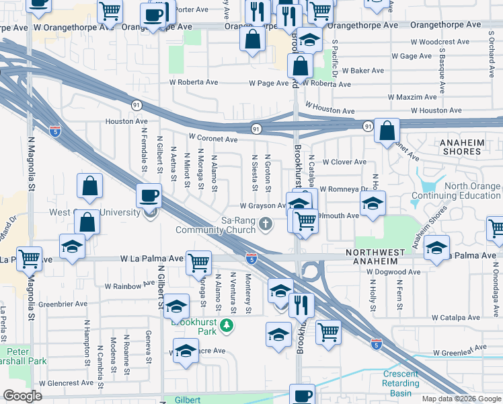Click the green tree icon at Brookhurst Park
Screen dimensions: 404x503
click(228, 326)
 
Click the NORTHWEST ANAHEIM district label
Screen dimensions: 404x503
click(385, 252)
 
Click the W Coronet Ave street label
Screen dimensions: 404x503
click(213, 139)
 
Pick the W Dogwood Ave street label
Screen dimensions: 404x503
click(394, 272)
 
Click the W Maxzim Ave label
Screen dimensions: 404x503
click(416, 97)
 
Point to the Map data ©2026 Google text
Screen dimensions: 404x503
click(461, 399)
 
